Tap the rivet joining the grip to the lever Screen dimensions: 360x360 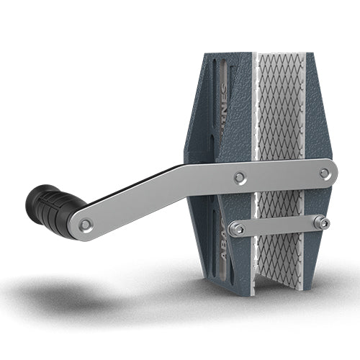(85, 225)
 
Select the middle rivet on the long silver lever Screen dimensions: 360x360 (240, 177)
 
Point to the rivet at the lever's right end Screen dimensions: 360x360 (325, 173)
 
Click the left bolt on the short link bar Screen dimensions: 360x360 (239, 229)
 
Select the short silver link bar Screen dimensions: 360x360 (281, 225)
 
